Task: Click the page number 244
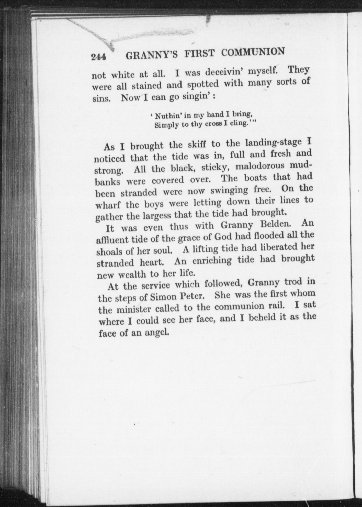(x=98, y=57)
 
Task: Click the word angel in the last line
(x=156, y=333)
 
